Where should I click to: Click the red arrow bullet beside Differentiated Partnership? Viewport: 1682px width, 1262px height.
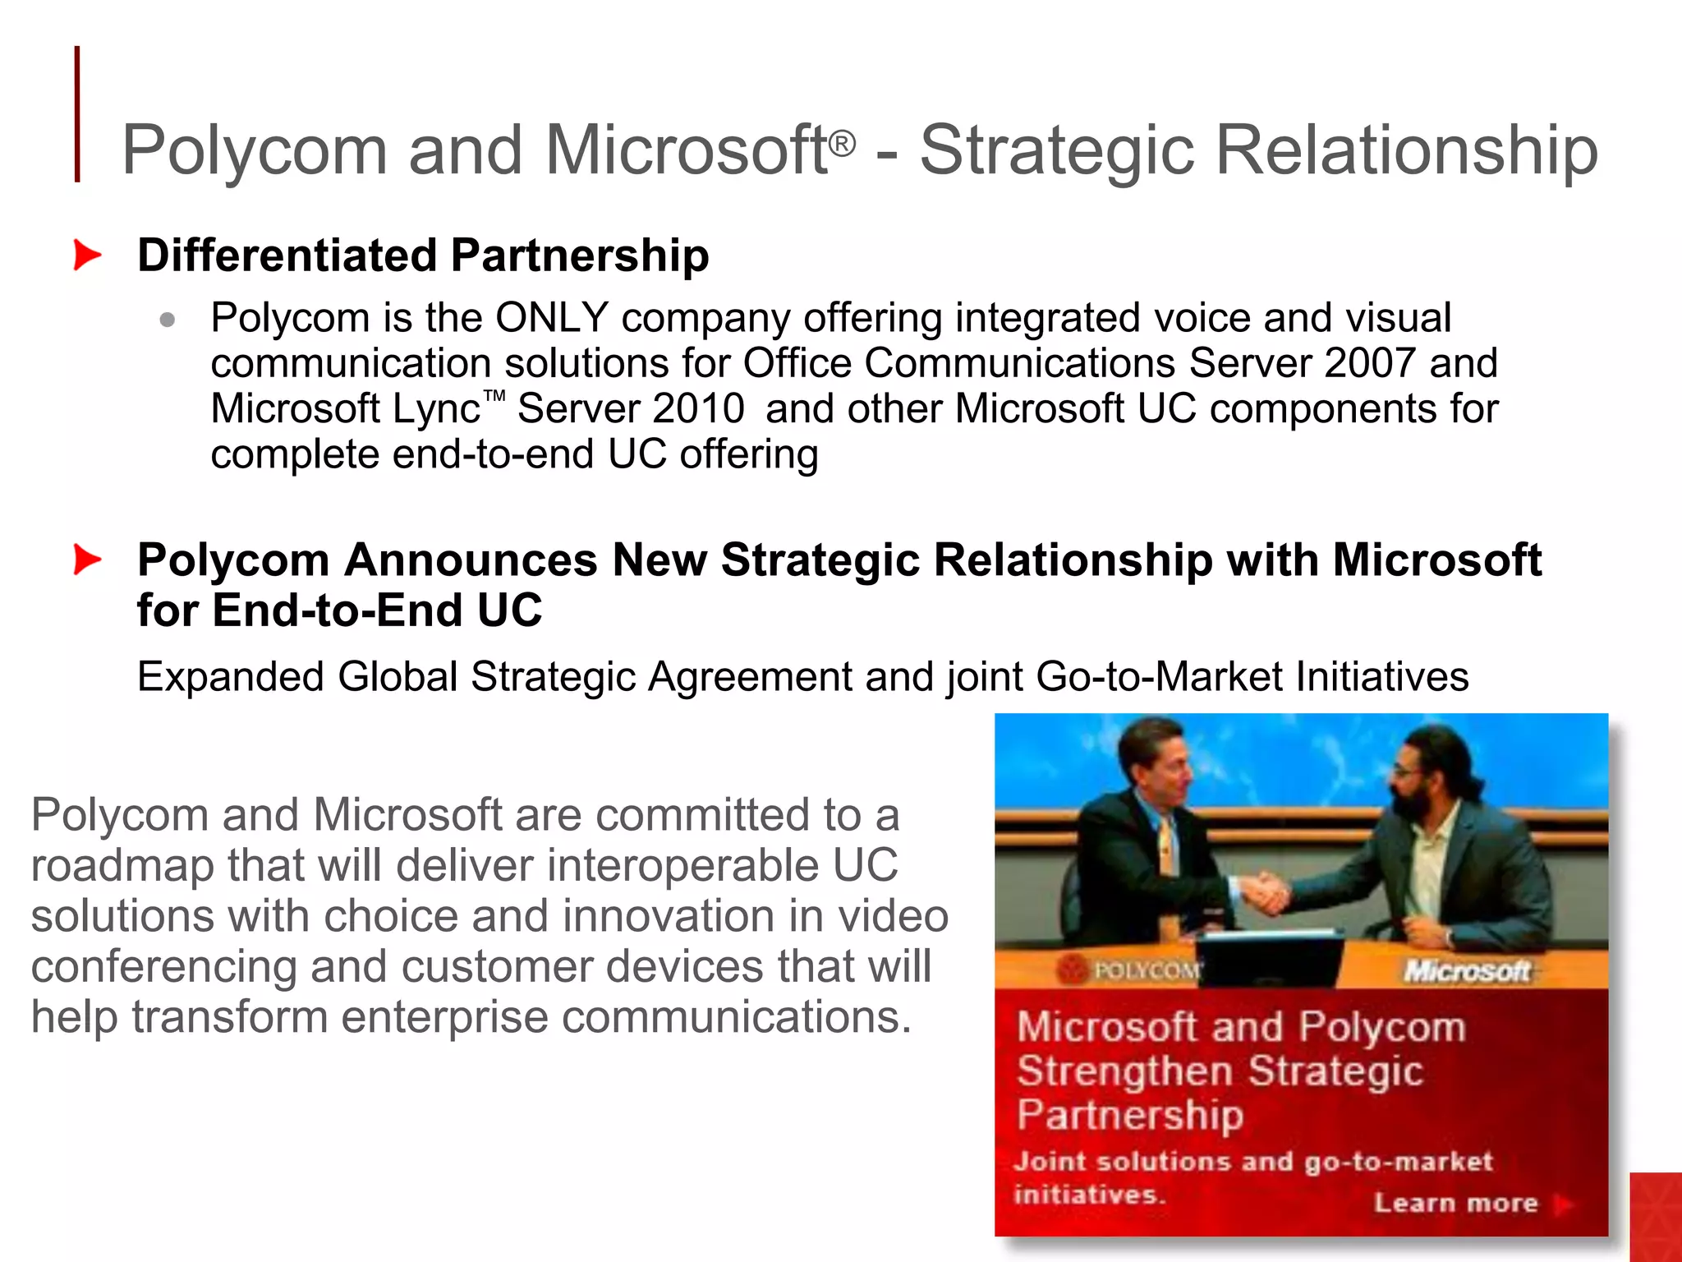point(86,255)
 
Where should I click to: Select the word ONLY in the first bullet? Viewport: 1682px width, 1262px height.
point(551,318)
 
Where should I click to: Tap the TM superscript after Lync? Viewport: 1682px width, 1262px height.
point(494,397)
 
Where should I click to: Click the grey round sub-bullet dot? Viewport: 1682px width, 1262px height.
point(168,320)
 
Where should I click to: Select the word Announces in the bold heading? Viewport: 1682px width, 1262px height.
point(471,560)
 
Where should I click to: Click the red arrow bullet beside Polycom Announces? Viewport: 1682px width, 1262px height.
point(86,560)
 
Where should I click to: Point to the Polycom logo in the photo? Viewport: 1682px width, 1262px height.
point(1133,970)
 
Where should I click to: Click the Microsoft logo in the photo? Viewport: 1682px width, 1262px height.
point(1467,971)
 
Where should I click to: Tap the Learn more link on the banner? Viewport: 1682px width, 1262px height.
point(1456,1203)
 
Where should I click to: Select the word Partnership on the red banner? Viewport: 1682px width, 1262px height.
point(1130,1116)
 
